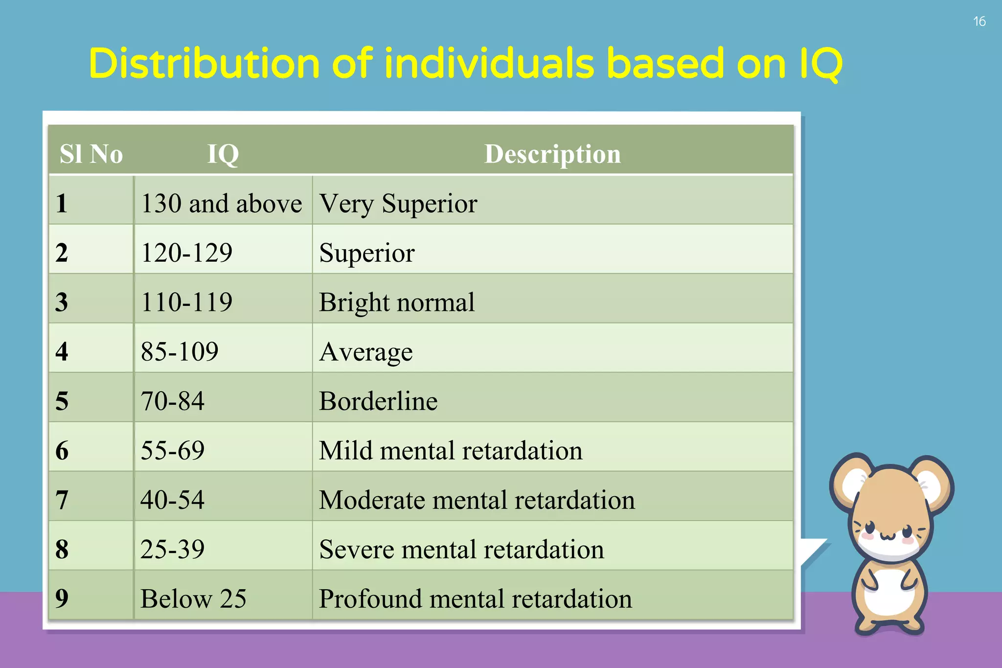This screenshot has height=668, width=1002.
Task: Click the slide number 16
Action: point(979,22)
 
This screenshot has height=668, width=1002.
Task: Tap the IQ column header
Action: point(223,154)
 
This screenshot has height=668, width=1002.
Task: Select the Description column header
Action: point(552,154)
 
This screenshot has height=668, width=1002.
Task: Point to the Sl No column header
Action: point(91,154)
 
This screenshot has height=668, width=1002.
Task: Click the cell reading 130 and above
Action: point(221,204)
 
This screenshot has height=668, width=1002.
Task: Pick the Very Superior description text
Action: point(398,204)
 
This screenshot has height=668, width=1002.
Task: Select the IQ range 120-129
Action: point(186,253)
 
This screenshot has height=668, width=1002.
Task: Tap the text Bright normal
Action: point(397,302)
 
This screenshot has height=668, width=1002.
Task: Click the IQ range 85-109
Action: point(180,351)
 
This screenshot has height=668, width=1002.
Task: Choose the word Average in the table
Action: point(366,352)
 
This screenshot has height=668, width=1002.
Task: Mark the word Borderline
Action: point(378,401)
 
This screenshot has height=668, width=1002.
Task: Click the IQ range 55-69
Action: point(172,450)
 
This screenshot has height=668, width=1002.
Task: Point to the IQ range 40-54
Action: point(172,500)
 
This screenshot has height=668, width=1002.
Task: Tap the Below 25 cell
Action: point(193,599)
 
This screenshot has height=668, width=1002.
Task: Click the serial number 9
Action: point(62,599)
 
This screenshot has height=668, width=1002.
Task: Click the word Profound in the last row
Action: point(370,599)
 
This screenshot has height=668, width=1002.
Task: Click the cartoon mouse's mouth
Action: point(888,537)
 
